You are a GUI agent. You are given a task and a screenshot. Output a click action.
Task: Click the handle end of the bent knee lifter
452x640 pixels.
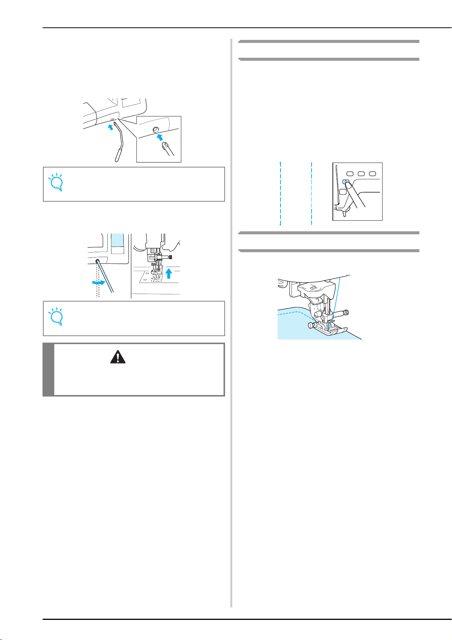[x=118, y=156]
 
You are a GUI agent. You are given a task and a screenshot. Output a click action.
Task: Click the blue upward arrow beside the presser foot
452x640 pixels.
[x=169, y=272]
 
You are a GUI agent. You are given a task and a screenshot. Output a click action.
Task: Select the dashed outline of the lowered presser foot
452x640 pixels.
[x=156, y=278]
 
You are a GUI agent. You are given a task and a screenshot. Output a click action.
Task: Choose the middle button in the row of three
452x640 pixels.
[x=361, y=173]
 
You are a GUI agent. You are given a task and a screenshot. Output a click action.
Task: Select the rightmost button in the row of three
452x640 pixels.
[x=373, y=173]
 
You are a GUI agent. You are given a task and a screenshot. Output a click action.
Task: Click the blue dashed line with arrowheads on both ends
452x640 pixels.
[x=280, y=193]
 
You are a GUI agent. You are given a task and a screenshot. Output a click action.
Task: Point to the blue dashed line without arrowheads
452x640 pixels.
[x=311, y=193]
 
